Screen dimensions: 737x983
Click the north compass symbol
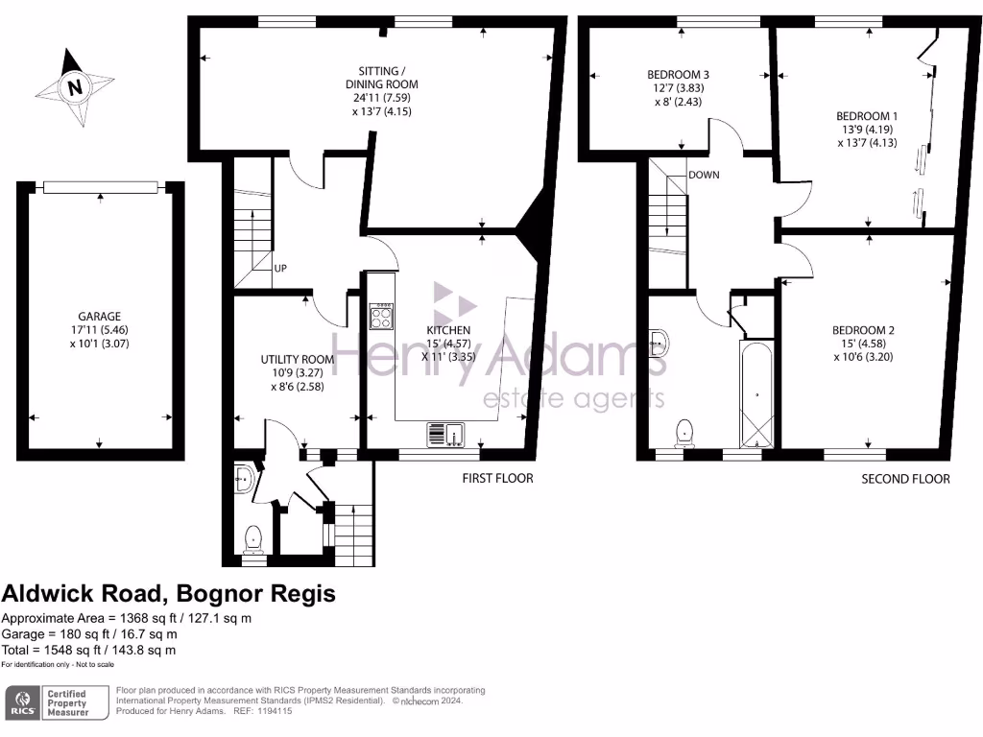(74, 87)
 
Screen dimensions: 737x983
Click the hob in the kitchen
(381, 317)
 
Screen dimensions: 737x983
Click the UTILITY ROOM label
(298, 360)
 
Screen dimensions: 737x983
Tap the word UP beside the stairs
(281, 269)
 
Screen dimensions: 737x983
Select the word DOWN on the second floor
(704, 175)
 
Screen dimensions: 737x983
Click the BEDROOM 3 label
(678, 75)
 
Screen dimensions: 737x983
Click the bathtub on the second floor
(756, 393)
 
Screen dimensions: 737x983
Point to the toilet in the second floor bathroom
(685, 433)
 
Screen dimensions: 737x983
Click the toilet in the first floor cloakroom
(253, 539)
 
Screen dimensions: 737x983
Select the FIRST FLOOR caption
(498, 478)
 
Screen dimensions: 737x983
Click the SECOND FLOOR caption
(905, 479)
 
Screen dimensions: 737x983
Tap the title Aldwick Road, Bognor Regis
(169, 594)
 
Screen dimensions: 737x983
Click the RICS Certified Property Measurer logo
(48, 702)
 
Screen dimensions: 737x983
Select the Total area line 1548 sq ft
(89, 650)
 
